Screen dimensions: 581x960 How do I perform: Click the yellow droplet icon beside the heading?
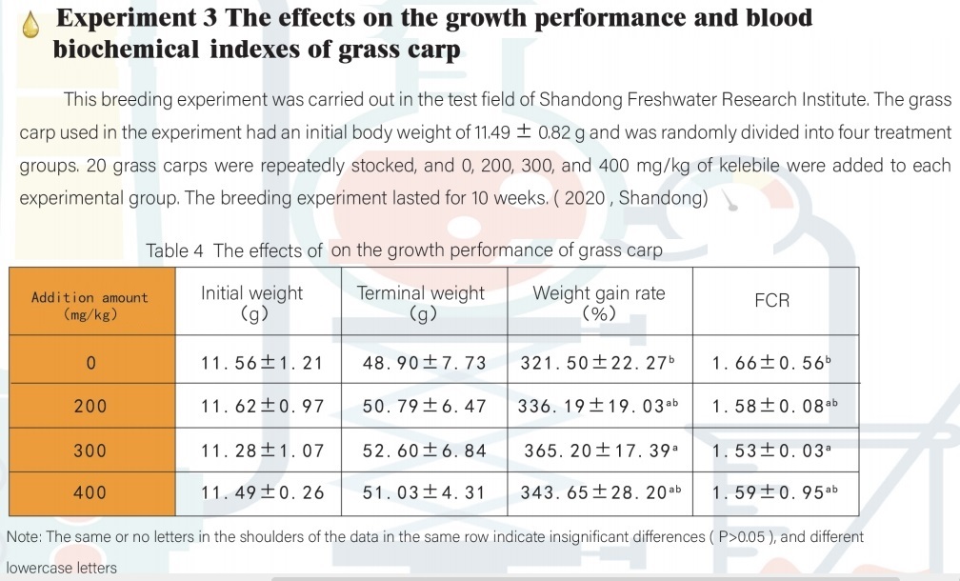pos(31,26)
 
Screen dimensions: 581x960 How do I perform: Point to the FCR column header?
pos(771,301)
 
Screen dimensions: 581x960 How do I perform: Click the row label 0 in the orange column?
pos(90,363)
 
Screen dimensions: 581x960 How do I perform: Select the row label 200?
pos(90,407)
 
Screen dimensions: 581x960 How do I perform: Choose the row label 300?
pos(90,450)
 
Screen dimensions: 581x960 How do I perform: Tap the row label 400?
pos(90,492)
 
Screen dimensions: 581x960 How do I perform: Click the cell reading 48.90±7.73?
pos(424,363)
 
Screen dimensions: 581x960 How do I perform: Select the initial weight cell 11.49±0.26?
pos(262,492)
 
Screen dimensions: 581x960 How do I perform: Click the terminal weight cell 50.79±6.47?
pos(424,407)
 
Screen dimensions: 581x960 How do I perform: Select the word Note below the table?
pos(23,537)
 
